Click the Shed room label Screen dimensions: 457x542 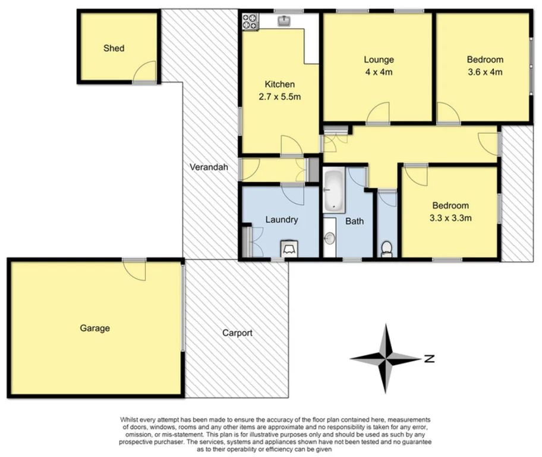pos(114,48)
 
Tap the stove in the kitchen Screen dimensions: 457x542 pos(250,23)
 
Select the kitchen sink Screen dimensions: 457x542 pos(285,21)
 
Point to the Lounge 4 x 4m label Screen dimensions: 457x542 pos(379,65)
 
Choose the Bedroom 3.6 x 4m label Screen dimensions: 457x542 pos(484,65)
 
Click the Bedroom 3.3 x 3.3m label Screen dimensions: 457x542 pos(450,212)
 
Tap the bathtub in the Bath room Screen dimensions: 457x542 pos(335,191)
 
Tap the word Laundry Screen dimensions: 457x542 pos(281,220)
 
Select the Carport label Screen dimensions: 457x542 pos(237,333)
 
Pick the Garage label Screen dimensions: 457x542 pos(95,328)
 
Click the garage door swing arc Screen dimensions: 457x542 pos(134,271)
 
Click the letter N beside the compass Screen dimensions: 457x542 pos(429,359)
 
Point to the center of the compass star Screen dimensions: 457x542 pos(387,358)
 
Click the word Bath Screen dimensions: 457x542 pos(355,221)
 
